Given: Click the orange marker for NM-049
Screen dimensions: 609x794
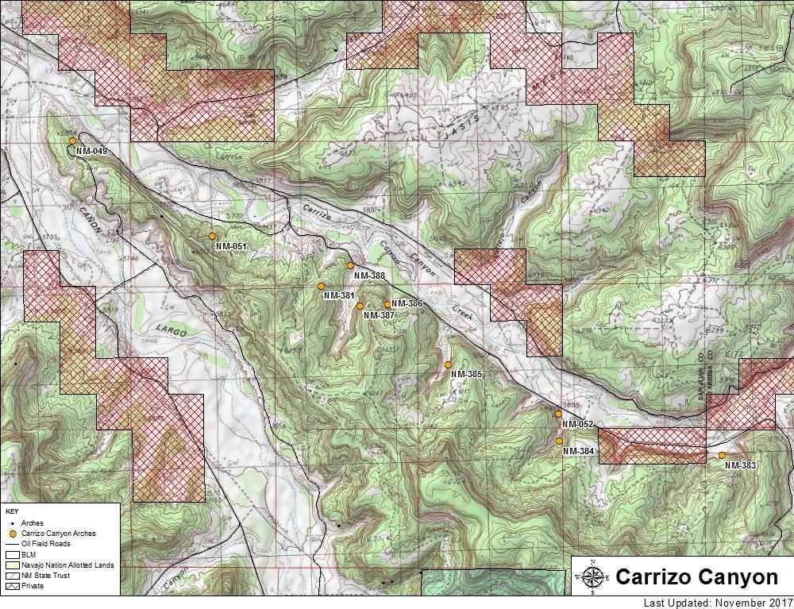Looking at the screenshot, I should click(x=72, y=141).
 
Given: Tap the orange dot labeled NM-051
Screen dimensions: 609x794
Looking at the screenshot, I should click(x=212, y=237).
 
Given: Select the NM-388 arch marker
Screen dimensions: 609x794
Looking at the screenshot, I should click(x=350, y=265).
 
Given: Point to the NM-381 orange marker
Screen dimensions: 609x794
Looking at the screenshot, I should click(x=321, y=286).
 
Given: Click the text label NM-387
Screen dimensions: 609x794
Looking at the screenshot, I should click(x=380, y=315).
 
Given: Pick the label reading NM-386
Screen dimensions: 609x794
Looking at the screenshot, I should click(x=407, y=303).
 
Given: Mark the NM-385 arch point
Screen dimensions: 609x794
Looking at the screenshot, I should click(x=448, y=364).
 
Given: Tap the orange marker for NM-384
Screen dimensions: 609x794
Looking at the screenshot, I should click(x=559, y=441).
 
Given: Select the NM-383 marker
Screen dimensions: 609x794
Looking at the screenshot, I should click(x=722, y=455).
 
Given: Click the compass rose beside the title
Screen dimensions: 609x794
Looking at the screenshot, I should click(x=592, y=576).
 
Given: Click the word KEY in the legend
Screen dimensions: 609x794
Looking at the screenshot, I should click(x=11, y=511).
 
